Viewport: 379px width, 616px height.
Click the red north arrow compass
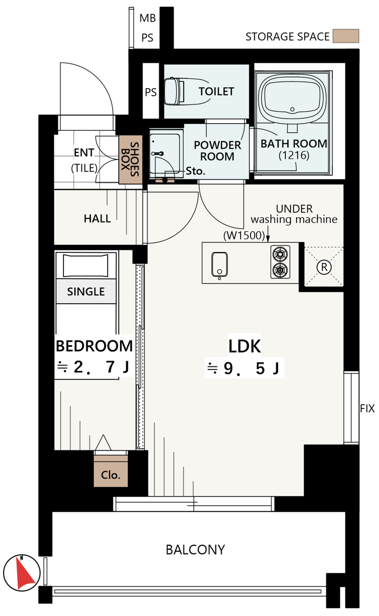click(22, 573)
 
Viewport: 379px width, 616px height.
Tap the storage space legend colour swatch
click(346, 36)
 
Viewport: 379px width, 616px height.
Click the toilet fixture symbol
click(174, 91)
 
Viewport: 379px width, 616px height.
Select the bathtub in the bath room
click(292, 98)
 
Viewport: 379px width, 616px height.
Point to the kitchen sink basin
click(219, 264)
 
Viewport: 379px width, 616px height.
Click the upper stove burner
click(280, 253)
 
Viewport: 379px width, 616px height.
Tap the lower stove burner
click(280, 270)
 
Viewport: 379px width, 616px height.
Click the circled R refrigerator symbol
click(324, 267)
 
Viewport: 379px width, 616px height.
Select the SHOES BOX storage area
click(131, 160)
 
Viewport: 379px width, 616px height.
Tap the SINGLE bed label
click(86, 291)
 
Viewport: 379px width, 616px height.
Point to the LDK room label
click(244, 347)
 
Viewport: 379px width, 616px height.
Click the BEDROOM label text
click(94, 346)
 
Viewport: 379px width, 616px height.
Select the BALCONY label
click(195, 550)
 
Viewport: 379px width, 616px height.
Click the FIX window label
click(367, 409)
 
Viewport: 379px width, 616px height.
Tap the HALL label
click(97, 218)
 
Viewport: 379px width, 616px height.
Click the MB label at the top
click(148, 18)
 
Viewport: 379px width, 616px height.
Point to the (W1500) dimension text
click(244, 235)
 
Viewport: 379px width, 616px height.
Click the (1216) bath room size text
click(294, 155)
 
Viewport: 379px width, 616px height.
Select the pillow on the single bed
click(86, 265)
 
